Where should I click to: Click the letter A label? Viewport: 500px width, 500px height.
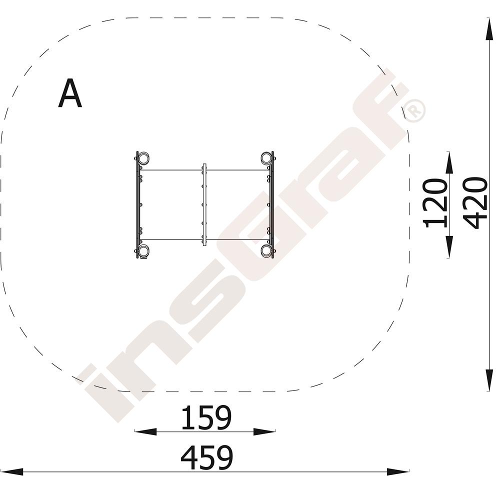tap(70, 93)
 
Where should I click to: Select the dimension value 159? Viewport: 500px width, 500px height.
tap(206, 417)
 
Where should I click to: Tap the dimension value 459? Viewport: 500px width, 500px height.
tap(206, 457)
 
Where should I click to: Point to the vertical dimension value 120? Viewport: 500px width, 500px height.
tap(435, 204)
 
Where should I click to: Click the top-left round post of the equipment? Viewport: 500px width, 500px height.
tap(143, 158)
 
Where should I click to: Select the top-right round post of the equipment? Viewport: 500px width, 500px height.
tap(266, 158)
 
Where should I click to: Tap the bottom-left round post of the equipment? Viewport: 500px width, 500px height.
tap(143, 250)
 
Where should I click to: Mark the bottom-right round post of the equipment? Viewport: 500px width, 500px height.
tap(266, 250)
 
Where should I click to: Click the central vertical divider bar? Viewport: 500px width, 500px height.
tap(204, 204)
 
